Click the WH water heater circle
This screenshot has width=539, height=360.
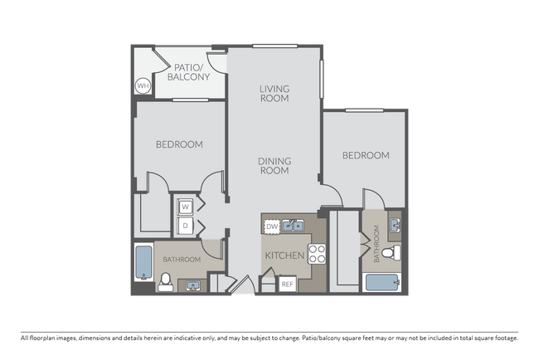(x=142, y=85)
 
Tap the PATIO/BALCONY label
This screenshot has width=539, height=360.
(x=190, y=72)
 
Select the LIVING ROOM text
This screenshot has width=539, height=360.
(x=274, y=93)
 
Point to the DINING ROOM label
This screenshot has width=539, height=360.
(x=274, y=166)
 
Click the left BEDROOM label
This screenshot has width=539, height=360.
(x=179, y=144)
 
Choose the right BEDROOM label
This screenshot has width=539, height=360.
(x=366, y=155)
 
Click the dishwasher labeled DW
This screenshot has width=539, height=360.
(x=272, y=226)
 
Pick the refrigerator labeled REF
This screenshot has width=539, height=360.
(x=288, y=284)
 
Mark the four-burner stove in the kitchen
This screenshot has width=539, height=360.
(x=317, y=254)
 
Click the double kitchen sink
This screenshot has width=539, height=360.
(x=292, y=225)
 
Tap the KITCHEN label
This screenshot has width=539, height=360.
(x=284, y=255)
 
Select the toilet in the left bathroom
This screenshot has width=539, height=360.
(x=165, y=282)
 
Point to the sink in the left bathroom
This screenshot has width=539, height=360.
(x=192, y=285)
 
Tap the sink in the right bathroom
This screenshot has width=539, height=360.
(x=395, y=225)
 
